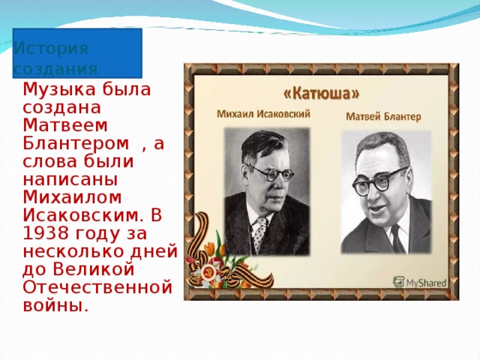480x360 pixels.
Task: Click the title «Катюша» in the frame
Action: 322,94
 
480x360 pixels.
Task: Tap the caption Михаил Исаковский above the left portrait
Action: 263,114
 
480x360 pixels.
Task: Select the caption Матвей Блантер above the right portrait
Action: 383,117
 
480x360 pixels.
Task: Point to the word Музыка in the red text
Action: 57,91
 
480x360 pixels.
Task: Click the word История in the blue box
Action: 51,48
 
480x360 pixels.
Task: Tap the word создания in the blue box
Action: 55,70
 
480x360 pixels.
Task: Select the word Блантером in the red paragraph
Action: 76,143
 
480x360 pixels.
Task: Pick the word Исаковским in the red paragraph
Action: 83,215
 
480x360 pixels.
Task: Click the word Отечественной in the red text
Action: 97,287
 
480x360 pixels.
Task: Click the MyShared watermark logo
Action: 420,283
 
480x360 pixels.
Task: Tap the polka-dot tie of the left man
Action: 259,233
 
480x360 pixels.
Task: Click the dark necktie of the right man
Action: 398,238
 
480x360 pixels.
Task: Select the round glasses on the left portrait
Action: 271,173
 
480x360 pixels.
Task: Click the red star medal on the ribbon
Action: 208,272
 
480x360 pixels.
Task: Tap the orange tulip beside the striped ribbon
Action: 211,247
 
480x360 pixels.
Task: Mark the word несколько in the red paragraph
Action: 74,252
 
